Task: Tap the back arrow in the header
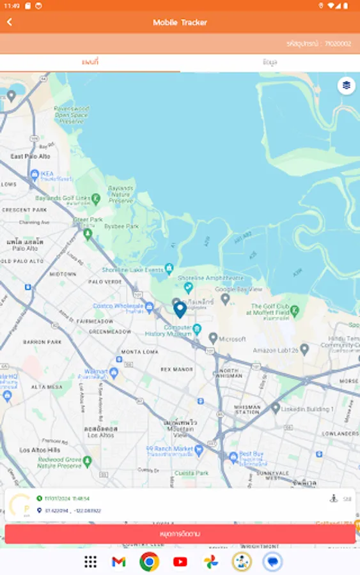coord(10,22)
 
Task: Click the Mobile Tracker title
coord(180,22)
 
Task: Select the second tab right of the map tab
coord(270,62)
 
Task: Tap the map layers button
coord(346,85)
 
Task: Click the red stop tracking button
coord(180,533)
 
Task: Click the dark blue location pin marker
coord(180,310)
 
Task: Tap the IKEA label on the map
coord(48,173)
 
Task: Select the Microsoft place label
coord(231,339)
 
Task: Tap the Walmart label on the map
coord(96,371)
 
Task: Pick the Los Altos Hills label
coord(39,450)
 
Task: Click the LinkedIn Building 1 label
coord(311,409)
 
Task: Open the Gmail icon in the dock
coord(118,562)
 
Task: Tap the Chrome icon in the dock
coord(149,562)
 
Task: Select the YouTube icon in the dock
coord(180,562)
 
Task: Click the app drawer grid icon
coord(90,562)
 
